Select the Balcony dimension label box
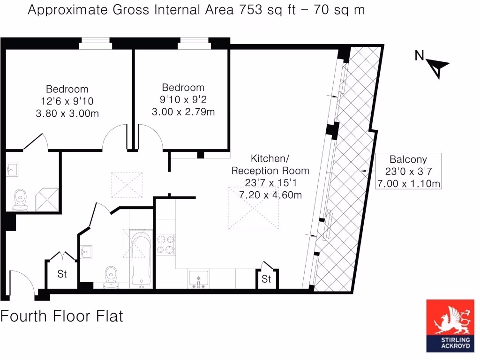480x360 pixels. (408, 171)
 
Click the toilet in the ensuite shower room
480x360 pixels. (20, 199)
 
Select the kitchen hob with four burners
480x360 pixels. (165, 244)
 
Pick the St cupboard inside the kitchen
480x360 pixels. (266, 279)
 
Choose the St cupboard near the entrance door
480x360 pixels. (62, 274)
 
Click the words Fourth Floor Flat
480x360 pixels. (62, 316)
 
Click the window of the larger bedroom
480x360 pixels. (95, 44)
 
